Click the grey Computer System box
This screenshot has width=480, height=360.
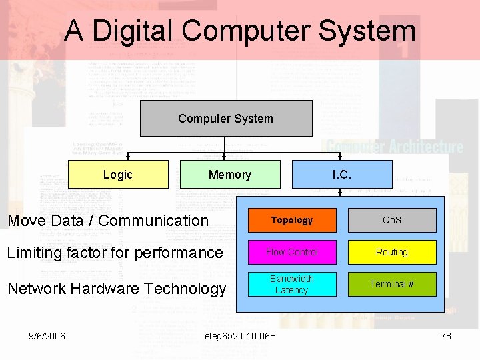[x=225, y=118]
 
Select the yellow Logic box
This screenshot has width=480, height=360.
[x=118, y=175]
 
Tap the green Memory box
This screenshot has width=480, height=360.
[x=229, y=175]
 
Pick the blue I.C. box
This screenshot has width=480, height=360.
[x=341, y=175]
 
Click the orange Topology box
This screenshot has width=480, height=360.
[x=291, y=220]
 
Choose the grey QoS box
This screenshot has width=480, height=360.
[x=391, y=220]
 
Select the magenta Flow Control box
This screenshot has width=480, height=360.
[x=291, y=252]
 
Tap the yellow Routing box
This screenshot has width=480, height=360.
[x=391, y=252]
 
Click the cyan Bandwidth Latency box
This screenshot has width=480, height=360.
[x=291, y=284]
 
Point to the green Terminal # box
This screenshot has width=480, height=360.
[x=391, y=284]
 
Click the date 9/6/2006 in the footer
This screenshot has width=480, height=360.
[x=47, y=336]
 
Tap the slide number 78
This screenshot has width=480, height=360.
[x=446, y=336]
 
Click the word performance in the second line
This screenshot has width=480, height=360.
[x=181, y=253]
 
